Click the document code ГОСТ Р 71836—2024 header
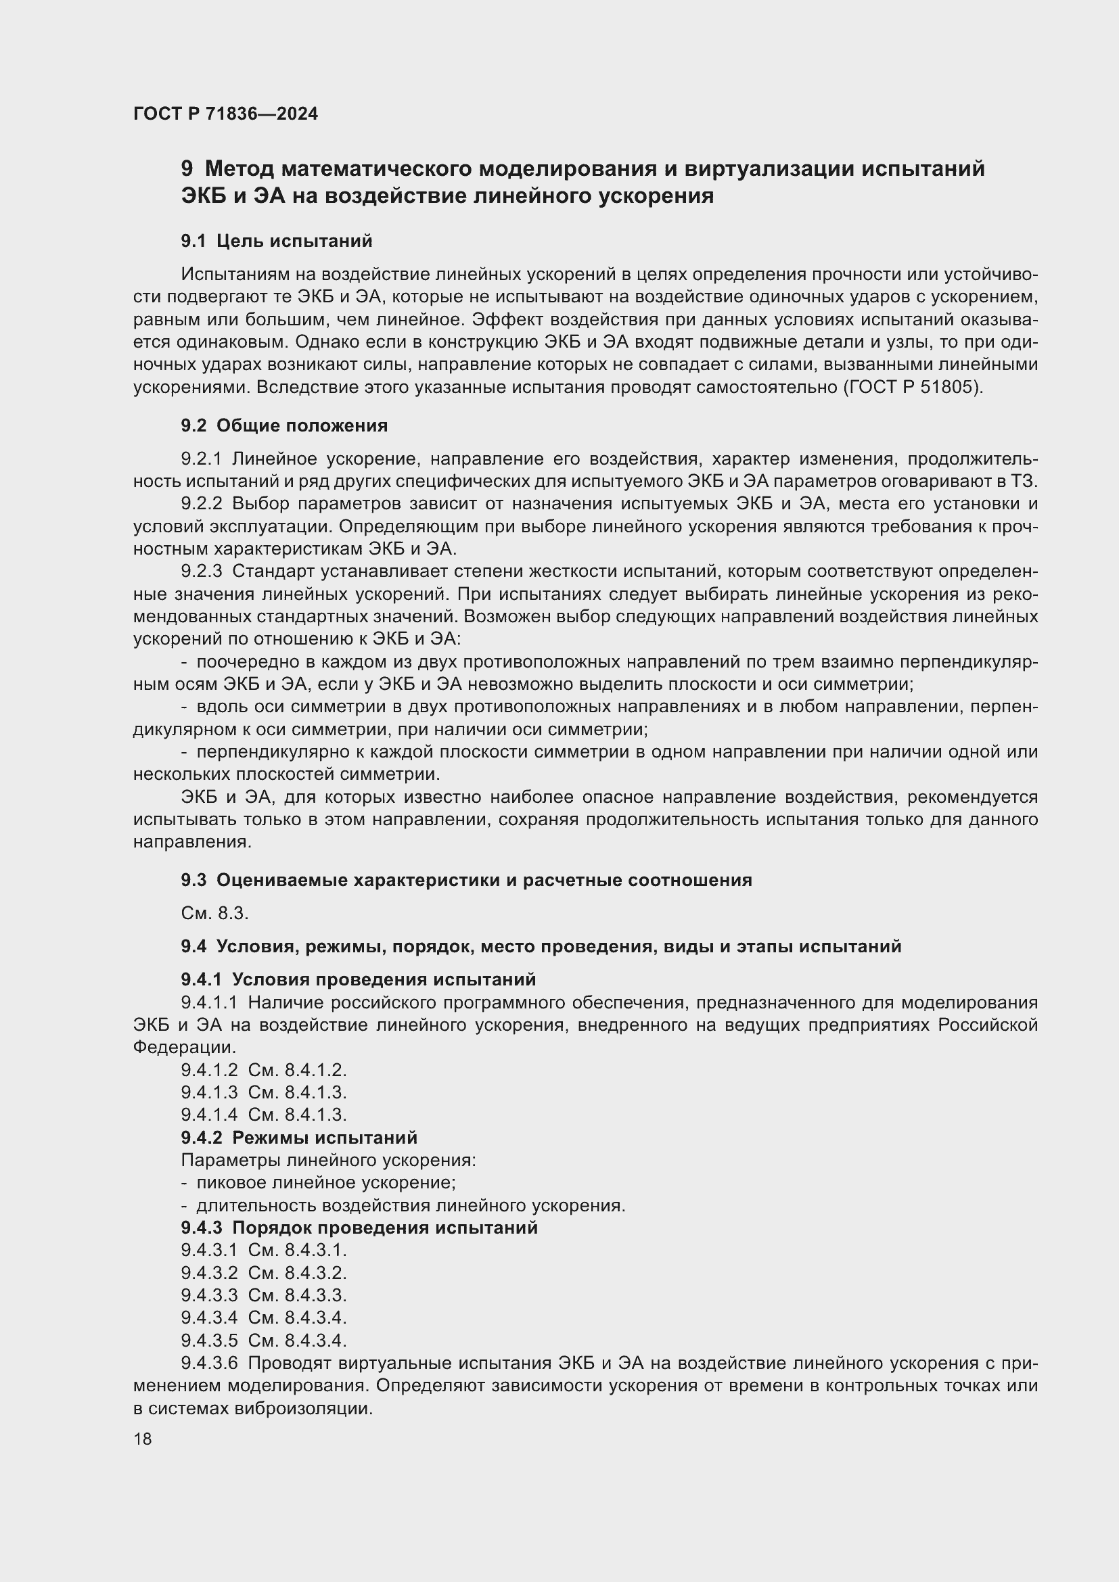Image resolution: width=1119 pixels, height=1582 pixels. pyautogui.click(x=225, y=114)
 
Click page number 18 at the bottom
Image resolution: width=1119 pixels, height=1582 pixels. pyautogui.click(x=143, y=1439)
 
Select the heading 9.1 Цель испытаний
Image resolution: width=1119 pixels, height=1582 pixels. pyautogui.click(x=276, y=241)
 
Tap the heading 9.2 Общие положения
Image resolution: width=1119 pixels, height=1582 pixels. pyautogui.click(x=284, y=425)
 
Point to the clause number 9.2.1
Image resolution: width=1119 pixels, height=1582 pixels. pyautogui.click(x=201, y=459)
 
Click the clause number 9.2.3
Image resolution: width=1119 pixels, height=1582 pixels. pyautogui.click(x=201, y=572)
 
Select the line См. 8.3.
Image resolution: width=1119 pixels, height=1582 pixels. pyautogui.click(x=214, y=914)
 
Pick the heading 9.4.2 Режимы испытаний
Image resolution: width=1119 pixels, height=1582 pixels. pyautogui.click(x=299, y=1138)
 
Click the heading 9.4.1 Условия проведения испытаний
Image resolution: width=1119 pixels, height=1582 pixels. pyautogui.click(x=359, y=979)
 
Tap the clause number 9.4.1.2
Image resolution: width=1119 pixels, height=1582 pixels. pyautogui.click(x=209, y=1070)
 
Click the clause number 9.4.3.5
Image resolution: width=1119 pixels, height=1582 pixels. pyautogui.click(x=209, y=1340)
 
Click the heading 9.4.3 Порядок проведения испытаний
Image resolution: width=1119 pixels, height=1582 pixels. pyautogui.click(x=359, y=1228)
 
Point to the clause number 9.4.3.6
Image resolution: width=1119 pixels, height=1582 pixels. pyautogui.click(x=209, y=1363)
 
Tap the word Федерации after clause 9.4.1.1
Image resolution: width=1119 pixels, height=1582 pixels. pyautogui.click(x=184, y=1047)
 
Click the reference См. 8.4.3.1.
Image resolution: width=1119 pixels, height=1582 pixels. pyautogui.click(x=297, y=1250)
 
